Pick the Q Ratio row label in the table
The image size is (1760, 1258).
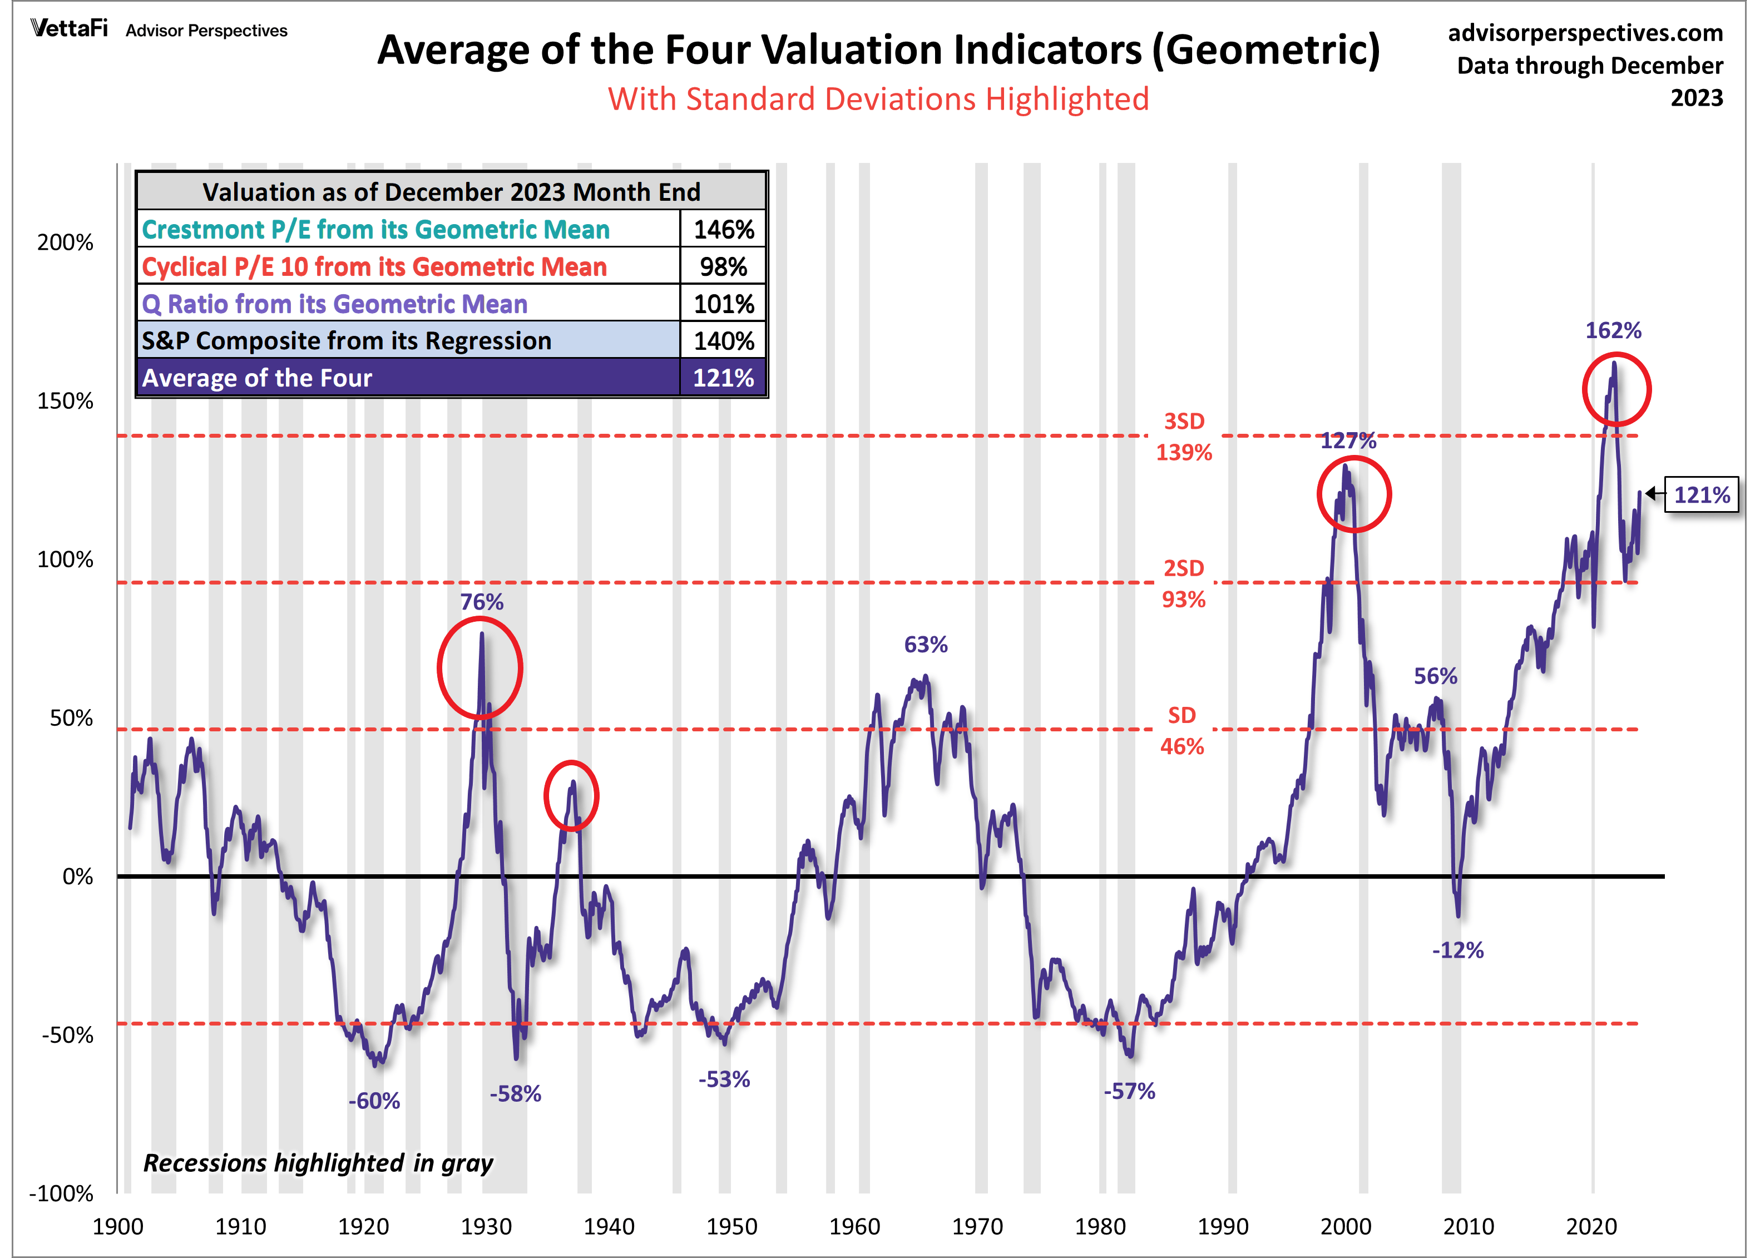[x=335, y=304]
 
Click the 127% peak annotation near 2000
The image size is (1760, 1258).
[x=1348, y=441]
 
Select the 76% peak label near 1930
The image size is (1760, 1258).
[x=482, y=602]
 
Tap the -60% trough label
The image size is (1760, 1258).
[x=374, y=1101]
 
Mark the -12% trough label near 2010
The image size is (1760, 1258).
[x=1458, y=950]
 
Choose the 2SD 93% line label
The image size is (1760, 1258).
[x=1184, y=584]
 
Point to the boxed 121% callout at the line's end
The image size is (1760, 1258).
[x=1702, y=494]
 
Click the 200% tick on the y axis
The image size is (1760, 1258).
[x=65, y=242]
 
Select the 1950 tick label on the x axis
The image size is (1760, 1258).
[x=731, y=1226]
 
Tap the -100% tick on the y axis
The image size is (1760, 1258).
[x=61, y=1193]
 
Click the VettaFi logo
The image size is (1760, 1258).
[x=69, y=29]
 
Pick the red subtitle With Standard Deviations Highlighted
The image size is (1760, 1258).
[x=878, y=99]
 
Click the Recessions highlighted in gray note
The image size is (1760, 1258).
[x=318, y=1163]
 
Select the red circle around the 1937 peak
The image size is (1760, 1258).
[x=545, y=795]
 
